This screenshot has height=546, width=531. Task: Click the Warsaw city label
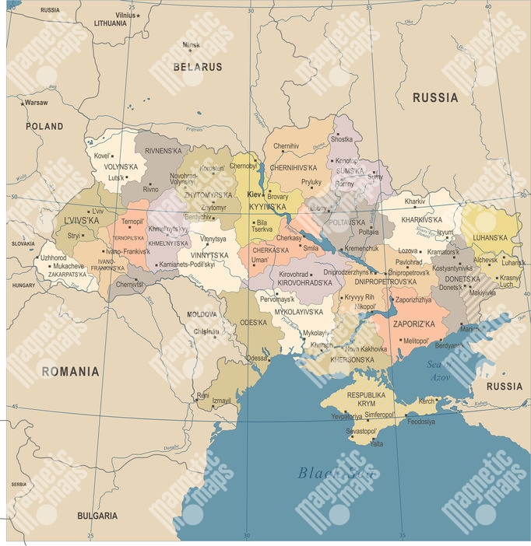(36, 103)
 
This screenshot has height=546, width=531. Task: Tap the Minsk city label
(191, 44)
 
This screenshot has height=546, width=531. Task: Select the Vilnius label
(124, 15)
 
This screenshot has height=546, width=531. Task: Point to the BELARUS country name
(197, 68)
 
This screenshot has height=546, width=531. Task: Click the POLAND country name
(44, 126)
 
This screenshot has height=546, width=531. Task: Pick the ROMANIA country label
(70, 372)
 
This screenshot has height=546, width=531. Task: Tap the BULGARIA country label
(97, 516)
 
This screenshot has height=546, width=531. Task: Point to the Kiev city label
(254, 194)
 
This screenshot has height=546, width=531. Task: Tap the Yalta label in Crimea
(376, 443)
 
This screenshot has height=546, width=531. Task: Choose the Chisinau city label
(206, 331)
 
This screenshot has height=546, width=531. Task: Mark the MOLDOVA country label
(202, 315)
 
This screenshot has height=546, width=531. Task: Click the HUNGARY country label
(24, 285)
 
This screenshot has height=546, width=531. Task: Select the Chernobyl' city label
(243, 166)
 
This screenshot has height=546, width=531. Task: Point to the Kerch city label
(427, 401)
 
